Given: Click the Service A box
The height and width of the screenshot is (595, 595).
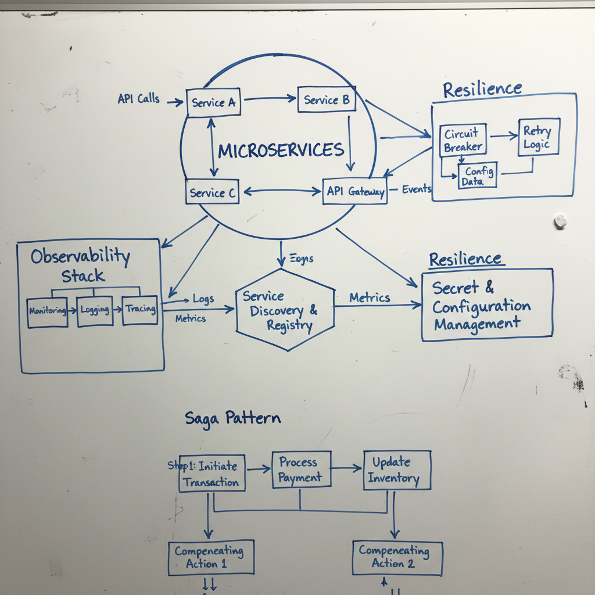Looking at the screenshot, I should point(213,103).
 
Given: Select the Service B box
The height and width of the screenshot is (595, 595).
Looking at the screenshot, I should point(327,100).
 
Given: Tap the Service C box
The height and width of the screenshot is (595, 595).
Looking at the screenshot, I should point(213,193).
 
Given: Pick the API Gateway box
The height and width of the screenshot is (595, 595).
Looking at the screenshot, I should point(355,191).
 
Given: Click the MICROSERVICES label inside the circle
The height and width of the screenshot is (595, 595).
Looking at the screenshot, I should point(281,150).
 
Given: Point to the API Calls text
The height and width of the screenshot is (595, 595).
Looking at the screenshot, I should point(138,99).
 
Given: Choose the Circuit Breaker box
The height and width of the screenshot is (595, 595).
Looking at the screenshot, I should point(463,140).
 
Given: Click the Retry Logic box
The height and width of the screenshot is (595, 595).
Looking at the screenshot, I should point(538,137).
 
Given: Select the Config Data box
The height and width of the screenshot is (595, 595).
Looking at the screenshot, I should point(478,175).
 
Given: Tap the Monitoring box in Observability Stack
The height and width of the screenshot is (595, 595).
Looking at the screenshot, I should point(48,311).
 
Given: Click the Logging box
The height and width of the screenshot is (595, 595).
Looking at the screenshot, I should point(95,310).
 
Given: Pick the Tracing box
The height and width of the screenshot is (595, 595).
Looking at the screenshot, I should point(140,309).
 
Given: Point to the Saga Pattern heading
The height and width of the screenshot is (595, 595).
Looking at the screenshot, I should point(232,418).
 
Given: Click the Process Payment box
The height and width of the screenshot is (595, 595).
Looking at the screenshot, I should point(301,469).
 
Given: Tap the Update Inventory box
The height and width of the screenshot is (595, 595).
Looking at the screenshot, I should point(397,470).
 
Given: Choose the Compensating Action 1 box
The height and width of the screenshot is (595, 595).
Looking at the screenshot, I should point(210,558).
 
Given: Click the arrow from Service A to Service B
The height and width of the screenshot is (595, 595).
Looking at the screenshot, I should point(270,99).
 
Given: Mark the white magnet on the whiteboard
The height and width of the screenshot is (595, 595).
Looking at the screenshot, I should point(560,221).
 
